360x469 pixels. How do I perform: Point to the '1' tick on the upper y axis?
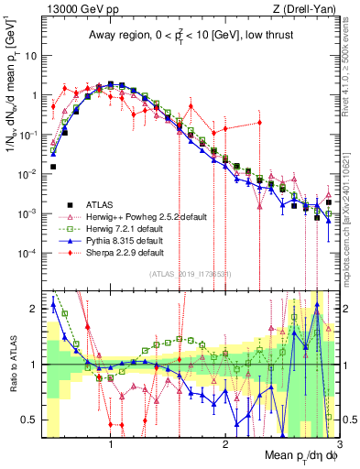click(34, 94)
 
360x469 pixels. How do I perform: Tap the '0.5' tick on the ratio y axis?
click(28, 420)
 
